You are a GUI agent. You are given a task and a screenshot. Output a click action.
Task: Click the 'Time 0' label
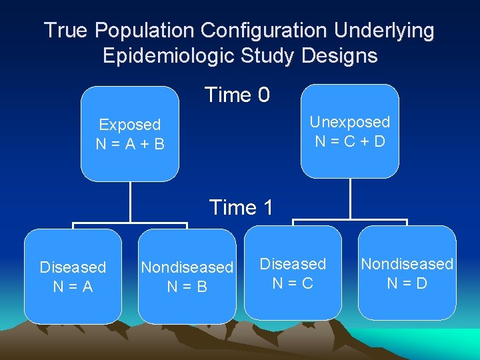click(x=237, y=95)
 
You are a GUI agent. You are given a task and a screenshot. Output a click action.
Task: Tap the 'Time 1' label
click(x=241, y=207)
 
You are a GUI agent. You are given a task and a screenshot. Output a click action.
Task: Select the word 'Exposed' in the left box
click(x=129, y=125)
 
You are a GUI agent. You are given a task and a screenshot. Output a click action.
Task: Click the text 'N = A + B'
click(x=129, y=144)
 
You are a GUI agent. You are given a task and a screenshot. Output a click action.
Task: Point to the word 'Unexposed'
click(x=350, y=122)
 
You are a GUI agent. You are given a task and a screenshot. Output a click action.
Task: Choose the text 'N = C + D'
click(x=350, y=141)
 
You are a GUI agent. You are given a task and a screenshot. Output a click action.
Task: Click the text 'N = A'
click(x=73, y=286)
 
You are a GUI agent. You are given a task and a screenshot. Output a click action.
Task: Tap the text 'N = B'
click(x=187, y=286)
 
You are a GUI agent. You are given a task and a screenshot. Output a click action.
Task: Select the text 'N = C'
click(x=293, y=283)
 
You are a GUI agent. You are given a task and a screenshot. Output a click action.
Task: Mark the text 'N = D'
click(x=407, y=283)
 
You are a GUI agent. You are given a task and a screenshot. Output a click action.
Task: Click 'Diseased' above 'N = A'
click(x=73, y=267)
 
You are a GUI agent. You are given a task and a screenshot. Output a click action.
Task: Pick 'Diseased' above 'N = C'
click(x=293, y=264)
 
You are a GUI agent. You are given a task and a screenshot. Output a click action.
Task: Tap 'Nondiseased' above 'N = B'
click(x=187, y=267)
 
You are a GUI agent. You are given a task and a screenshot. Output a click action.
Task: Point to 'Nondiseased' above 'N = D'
click(x=407, y=264)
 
